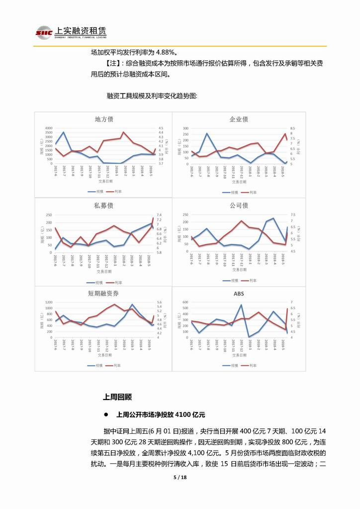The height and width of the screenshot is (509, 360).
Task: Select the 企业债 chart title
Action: coord(239,119)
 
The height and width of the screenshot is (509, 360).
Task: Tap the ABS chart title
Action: coord(239,294)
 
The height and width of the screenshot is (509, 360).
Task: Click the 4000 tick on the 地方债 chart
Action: coord(49,128)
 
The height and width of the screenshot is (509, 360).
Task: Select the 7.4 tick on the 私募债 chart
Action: coord(159,214)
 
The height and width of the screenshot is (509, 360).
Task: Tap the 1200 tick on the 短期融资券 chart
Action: coord(49,303)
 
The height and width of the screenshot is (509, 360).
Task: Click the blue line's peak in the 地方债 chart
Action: coord(63,132)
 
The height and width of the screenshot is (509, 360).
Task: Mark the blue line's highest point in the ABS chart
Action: coord(241,305)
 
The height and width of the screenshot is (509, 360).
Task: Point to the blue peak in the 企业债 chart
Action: coord(207,133)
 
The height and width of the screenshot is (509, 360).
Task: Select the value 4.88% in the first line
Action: coord(167,52)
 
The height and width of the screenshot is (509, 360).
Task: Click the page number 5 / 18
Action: coord(180,478)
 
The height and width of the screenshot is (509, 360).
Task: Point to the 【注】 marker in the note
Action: coord(113,64)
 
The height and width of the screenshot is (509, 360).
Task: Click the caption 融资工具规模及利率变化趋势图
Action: coord(152,95)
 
